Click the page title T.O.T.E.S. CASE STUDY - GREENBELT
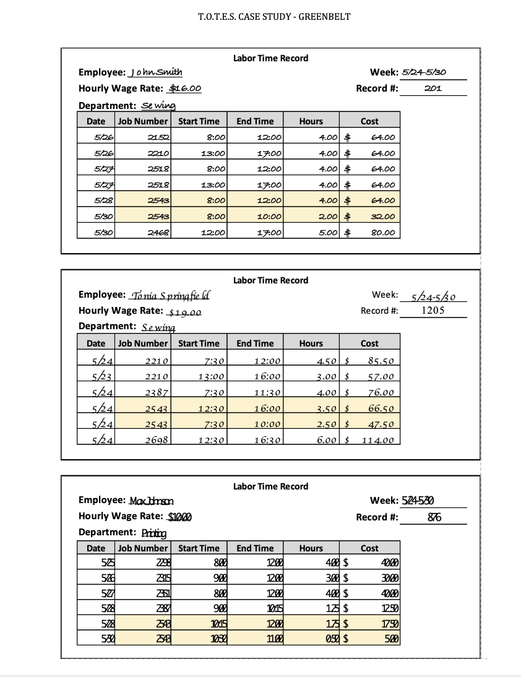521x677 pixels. click(273, 17)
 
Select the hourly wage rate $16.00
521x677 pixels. click(185, 88)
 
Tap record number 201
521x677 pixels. click(433, 88)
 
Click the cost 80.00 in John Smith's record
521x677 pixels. click(382, 233)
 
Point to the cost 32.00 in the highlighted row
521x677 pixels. click(382, 217)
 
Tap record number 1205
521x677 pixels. click(433, 311)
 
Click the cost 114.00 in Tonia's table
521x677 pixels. click(378, 440)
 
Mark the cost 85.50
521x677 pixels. click(381, 361)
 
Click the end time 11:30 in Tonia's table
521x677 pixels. click(268, 392)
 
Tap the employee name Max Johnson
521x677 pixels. click(152, 501)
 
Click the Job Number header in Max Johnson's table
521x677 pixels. click(143, 548)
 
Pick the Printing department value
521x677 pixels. click(154, 533)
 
